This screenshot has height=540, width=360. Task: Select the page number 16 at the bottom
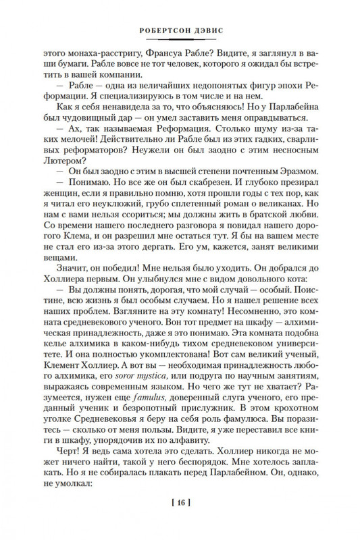179,520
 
